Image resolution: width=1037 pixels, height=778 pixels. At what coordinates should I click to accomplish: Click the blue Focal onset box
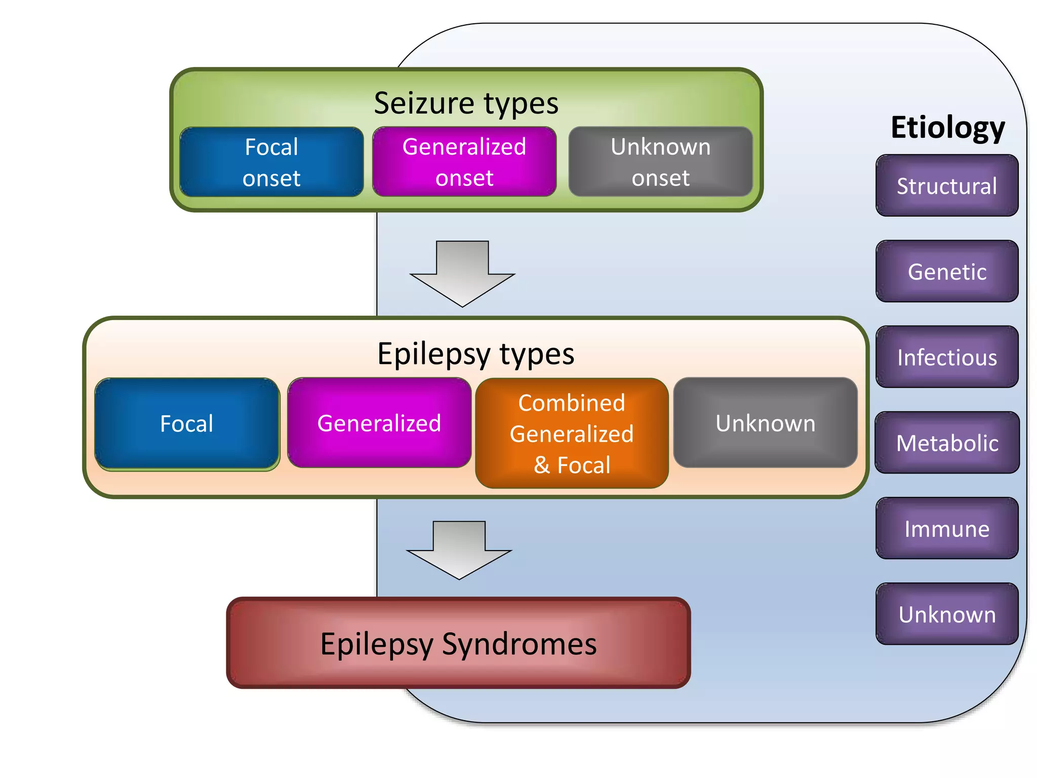pos(271,162)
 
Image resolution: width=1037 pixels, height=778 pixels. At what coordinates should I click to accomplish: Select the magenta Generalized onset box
pos(464,162)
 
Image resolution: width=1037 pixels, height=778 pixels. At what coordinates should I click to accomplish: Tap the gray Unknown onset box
pos(660,162)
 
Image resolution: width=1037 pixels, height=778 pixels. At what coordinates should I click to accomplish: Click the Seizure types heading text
pos(466,103)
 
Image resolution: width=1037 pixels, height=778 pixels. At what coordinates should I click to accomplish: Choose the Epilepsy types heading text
pos(475,354)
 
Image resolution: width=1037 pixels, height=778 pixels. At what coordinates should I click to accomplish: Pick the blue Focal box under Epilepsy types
pos(187,423)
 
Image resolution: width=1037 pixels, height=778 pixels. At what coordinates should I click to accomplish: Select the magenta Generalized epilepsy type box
pos(379,423)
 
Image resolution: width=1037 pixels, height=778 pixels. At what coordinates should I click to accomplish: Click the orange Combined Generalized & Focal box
pos(572,434)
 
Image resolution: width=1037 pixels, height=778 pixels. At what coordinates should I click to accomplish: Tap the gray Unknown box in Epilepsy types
pos(765,423)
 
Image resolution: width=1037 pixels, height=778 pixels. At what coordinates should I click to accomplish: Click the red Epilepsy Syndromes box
pos(458,643)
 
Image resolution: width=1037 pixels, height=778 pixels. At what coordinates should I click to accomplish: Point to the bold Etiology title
pos(947,127)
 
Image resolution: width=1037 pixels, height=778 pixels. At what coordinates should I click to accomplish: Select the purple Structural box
pos(947,186)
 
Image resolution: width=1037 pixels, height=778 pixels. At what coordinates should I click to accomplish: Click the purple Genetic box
pos(947,271)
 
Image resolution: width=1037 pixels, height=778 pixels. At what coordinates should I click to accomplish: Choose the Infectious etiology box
pos(947,357)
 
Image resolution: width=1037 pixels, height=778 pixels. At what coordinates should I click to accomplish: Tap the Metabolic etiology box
pos(947,443)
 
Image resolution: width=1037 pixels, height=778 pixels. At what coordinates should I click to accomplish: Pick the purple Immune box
pos(947,528)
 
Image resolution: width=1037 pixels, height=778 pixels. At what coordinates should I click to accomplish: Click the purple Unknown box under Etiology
pos(947,614)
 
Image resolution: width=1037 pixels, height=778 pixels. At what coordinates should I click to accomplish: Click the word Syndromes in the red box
pos(519,644)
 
